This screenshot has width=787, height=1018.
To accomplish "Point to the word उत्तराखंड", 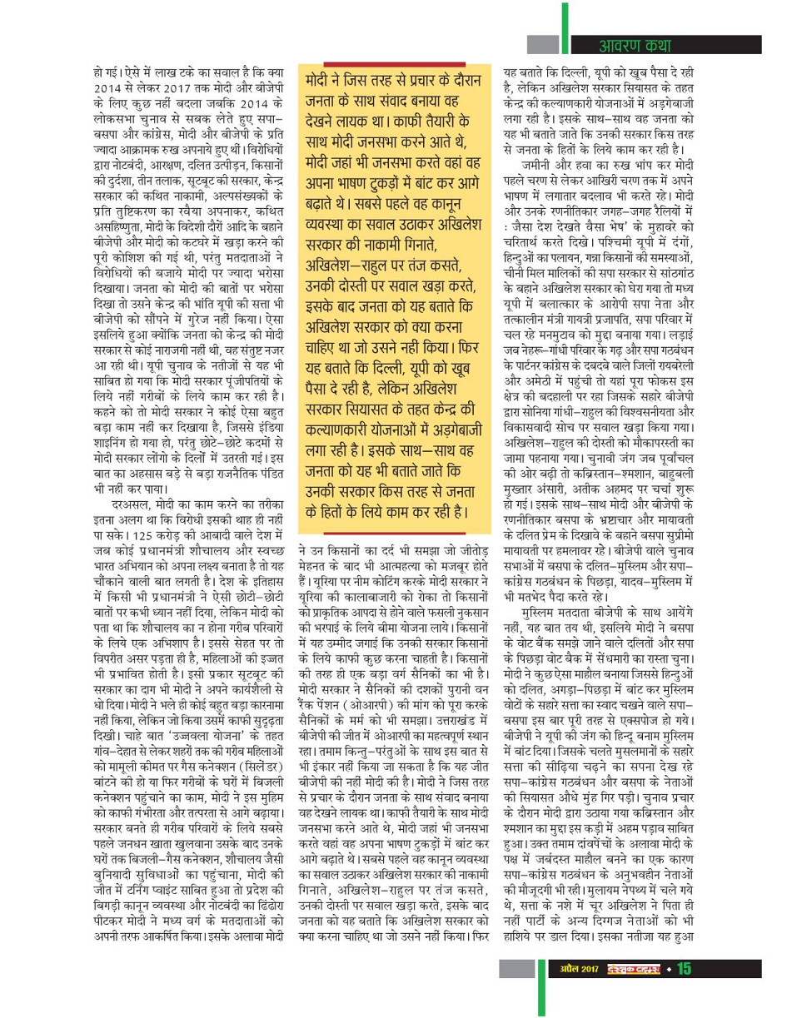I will click(x=463, y=693).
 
